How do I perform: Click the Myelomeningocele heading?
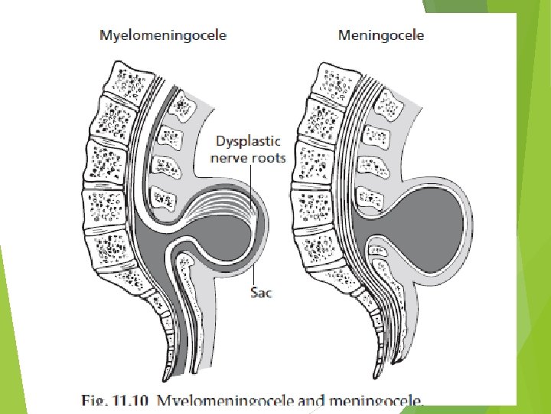(164, 35)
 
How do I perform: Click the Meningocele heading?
(380, 35)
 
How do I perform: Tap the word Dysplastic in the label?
(248, 142)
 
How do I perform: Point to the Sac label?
(261, 291)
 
